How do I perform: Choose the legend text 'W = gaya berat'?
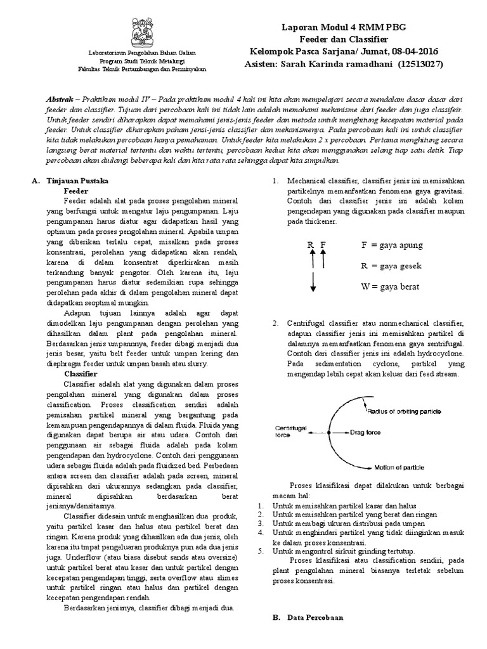(x=391, y=286)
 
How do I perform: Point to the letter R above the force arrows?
(x=311, y=245)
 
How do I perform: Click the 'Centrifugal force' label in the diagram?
(x=290, y=432)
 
